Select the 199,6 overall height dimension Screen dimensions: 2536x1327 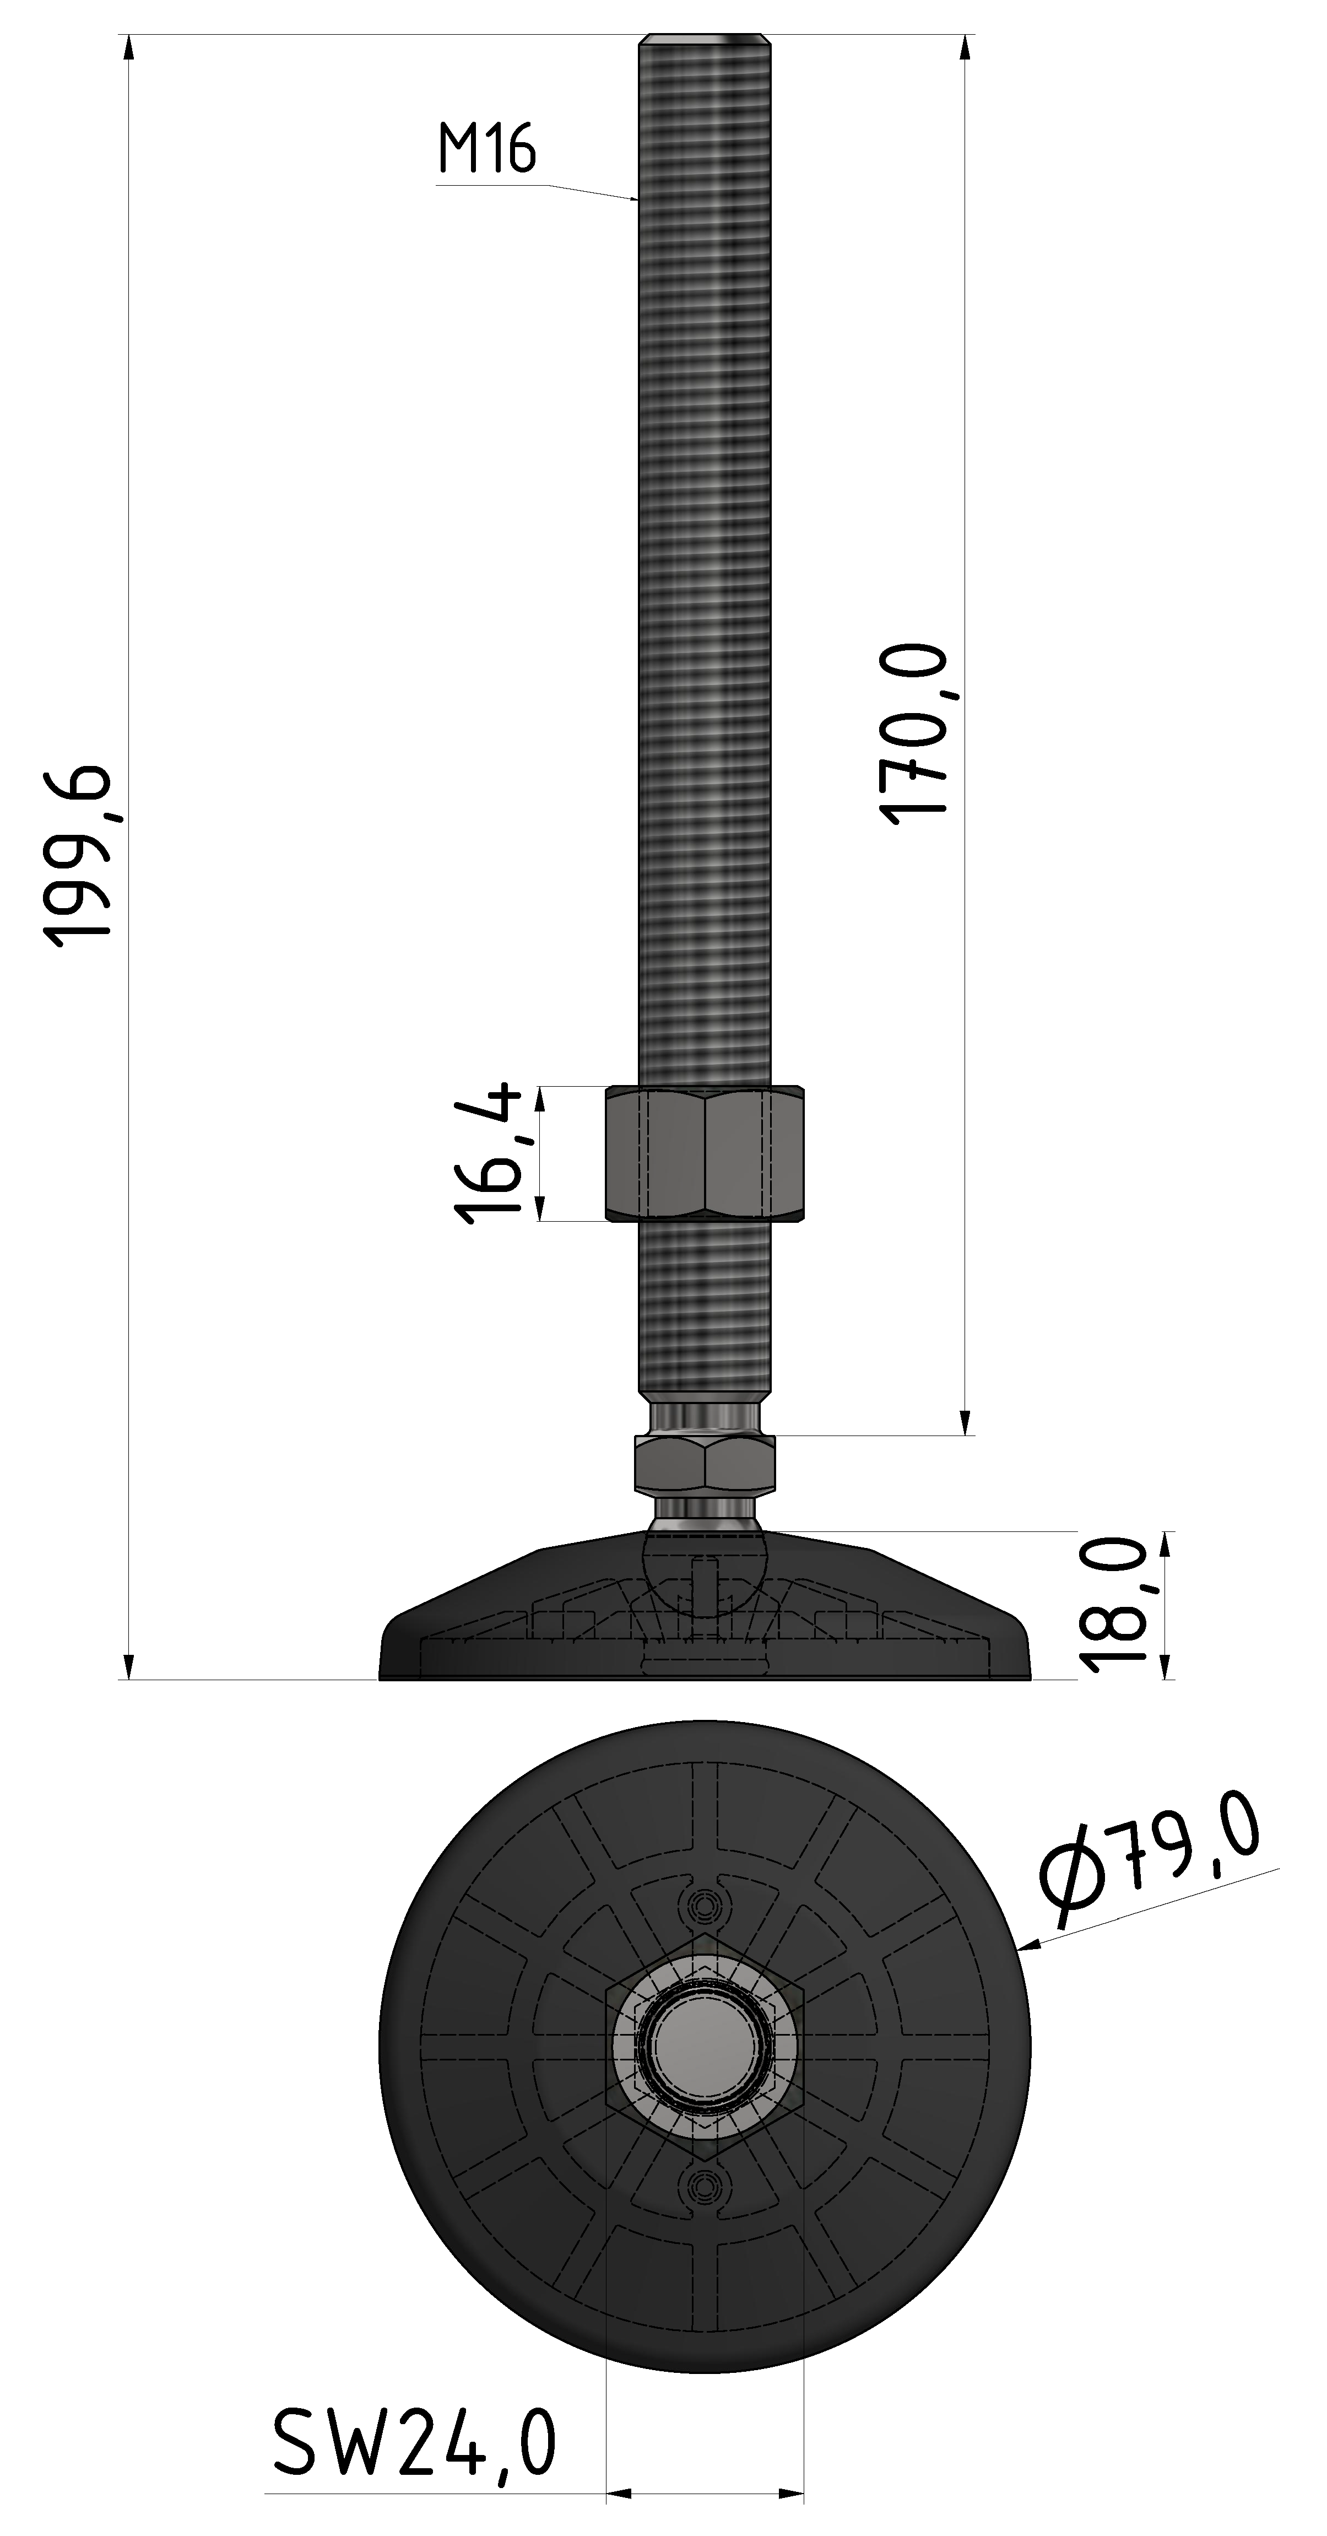[81, 855]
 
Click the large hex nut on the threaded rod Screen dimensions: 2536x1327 [705, 1154]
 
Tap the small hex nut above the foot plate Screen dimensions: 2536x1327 [705, 1465]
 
